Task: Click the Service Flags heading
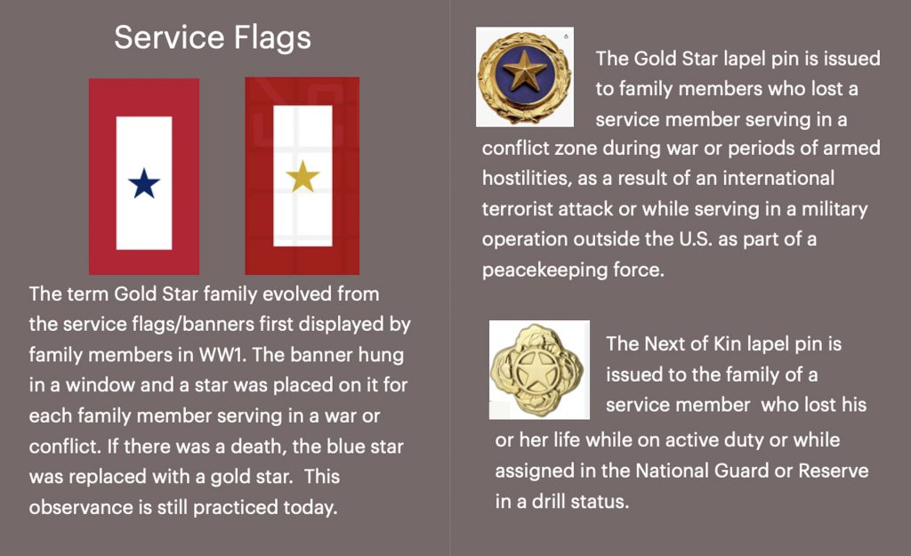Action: point(213,37)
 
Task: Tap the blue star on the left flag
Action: point(143,183)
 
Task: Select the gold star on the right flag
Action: point(302,176)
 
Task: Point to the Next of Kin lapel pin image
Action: point(539,369)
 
